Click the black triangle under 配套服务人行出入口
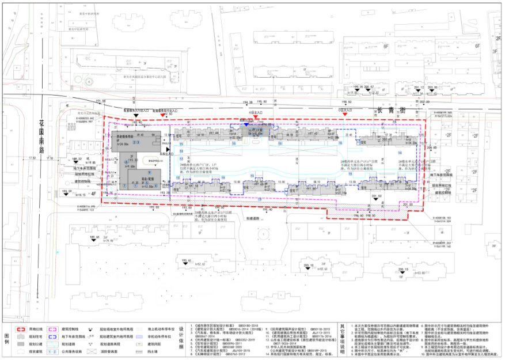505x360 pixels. (x=136, y=116)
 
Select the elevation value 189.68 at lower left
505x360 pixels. (x=94, y=237)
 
